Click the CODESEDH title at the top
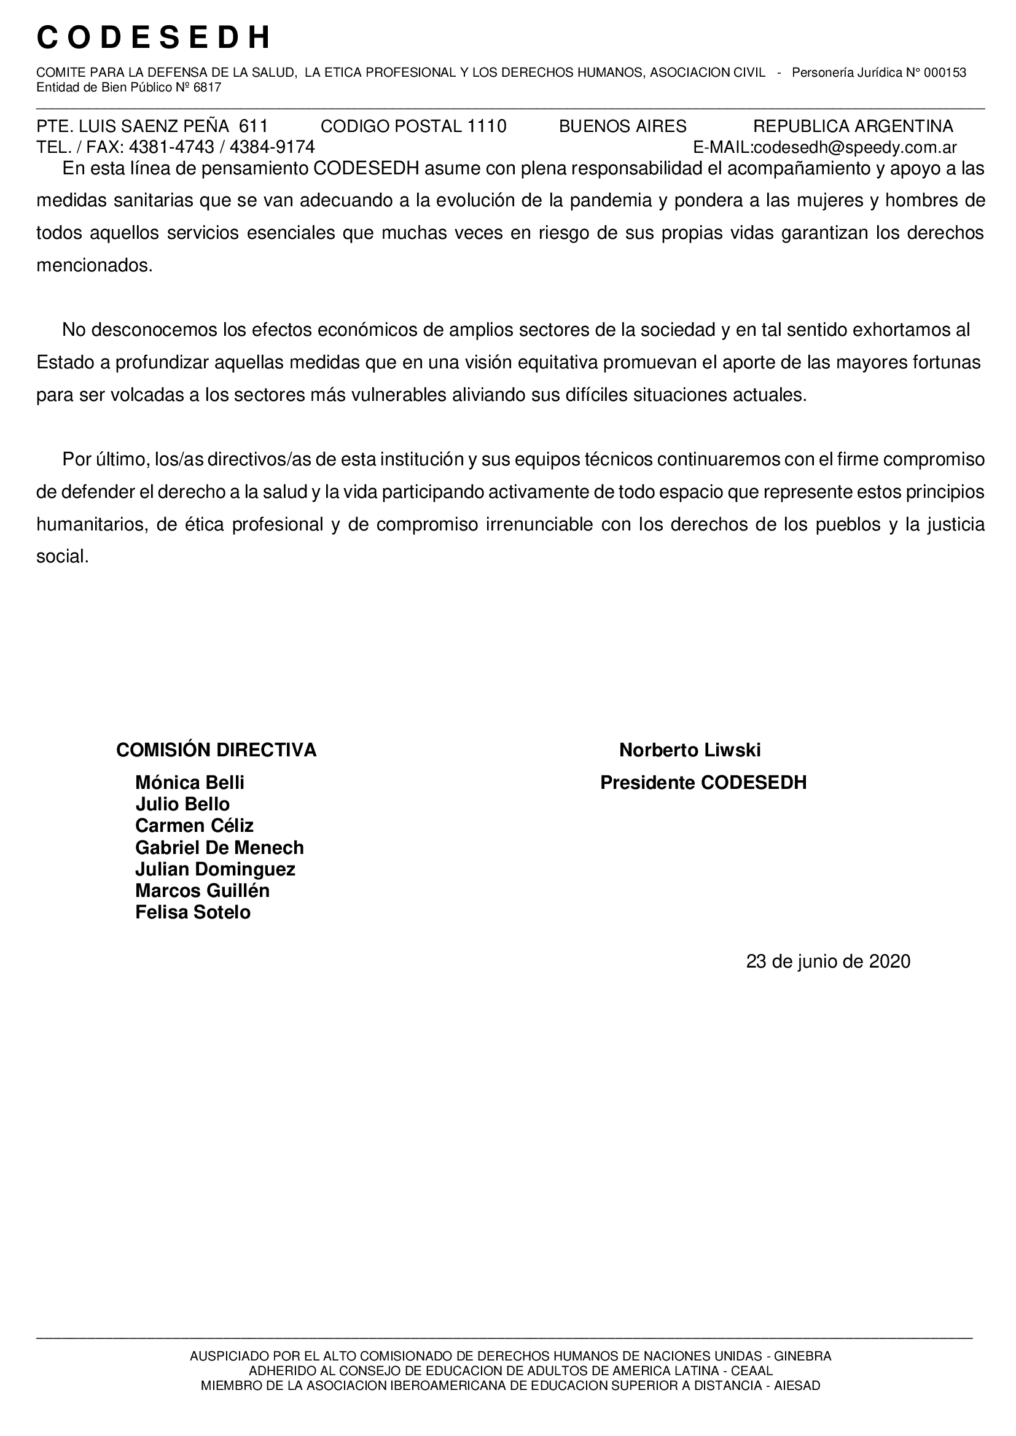(154, 37)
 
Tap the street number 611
(253, 126)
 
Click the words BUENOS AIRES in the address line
(622, 126)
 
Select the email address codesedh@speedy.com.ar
(855, 147)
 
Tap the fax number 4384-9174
(272, 147)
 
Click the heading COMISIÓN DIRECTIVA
(216, 750)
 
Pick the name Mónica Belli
(190, 782)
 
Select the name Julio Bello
(182, 804)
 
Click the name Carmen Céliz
(195, 826)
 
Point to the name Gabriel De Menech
(219, 847)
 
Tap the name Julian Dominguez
(215, 869)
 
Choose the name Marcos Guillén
(202, 891)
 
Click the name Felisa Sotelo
(193, 912)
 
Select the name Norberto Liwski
(689, 750)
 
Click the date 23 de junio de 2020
(827, 961)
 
